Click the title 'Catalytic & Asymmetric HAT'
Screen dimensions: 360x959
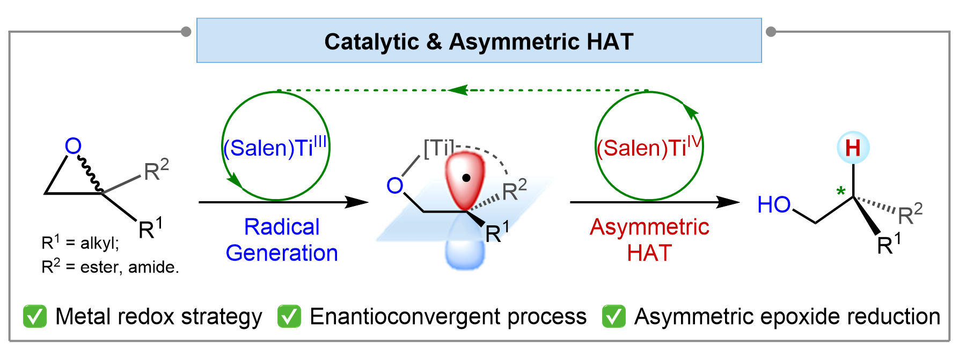479,42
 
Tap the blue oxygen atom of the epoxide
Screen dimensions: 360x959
73,146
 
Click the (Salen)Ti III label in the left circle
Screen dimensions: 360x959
275,148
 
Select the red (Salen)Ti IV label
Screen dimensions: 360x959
649,148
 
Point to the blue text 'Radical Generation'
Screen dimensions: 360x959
282,240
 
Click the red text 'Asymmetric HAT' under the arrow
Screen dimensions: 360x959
649,240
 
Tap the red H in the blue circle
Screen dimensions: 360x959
853,148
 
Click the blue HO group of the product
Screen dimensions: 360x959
774,204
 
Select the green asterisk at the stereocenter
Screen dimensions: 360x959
841,192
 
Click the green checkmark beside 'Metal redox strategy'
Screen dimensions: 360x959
35,317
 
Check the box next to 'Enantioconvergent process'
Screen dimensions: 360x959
289,317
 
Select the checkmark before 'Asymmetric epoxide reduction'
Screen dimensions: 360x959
614,317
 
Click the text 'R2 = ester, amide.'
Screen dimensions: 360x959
110,267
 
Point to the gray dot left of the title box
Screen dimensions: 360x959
186,32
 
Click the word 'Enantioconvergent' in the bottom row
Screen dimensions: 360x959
404,317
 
